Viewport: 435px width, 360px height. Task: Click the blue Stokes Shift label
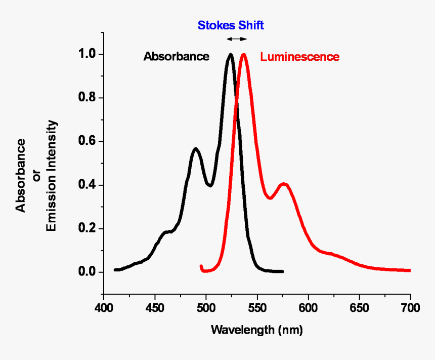coord(231,25)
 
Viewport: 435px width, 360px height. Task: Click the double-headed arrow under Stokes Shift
coord(236,39)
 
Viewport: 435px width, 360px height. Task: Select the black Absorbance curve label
coord(176,56)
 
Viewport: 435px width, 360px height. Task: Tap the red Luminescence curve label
coord(299,57)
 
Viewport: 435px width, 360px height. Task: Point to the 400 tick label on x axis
coord(104,307)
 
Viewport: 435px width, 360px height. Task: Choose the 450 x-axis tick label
coord(155,307)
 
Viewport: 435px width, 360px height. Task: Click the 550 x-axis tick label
coord(257,307)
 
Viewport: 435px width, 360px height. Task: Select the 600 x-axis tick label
coord(308,307)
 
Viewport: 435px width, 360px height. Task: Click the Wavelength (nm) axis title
coord(256,330)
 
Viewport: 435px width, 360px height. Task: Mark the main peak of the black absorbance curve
coord(230,55)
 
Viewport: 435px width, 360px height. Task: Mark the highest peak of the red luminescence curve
coord(244,55)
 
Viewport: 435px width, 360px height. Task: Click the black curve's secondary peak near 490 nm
coord(196,149)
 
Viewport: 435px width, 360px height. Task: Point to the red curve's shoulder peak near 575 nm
coord(284,184)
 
